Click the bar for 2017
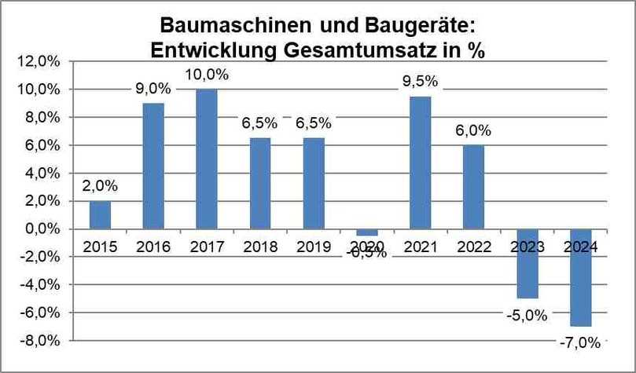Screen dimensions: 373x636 206,159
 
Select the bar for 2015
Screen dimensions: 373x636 100,214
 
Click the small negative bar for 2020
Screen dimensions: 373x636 366,232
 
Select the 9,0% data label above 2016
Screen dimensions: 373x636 153,89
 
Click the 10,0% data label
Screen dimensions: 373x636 207,75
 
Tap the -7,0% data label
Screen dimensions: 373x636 580,342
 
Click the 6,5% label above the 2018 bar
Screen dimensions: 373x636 259,124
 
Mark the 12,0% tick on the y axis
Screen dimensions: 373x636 42,61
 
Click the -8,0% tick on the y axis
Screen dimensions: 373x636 42,341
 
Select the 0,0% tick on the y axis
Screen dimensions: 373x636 44,229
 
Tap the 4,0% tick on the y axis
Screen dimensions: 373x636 44,173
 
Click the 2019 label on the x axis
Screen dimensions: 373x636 313,247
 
